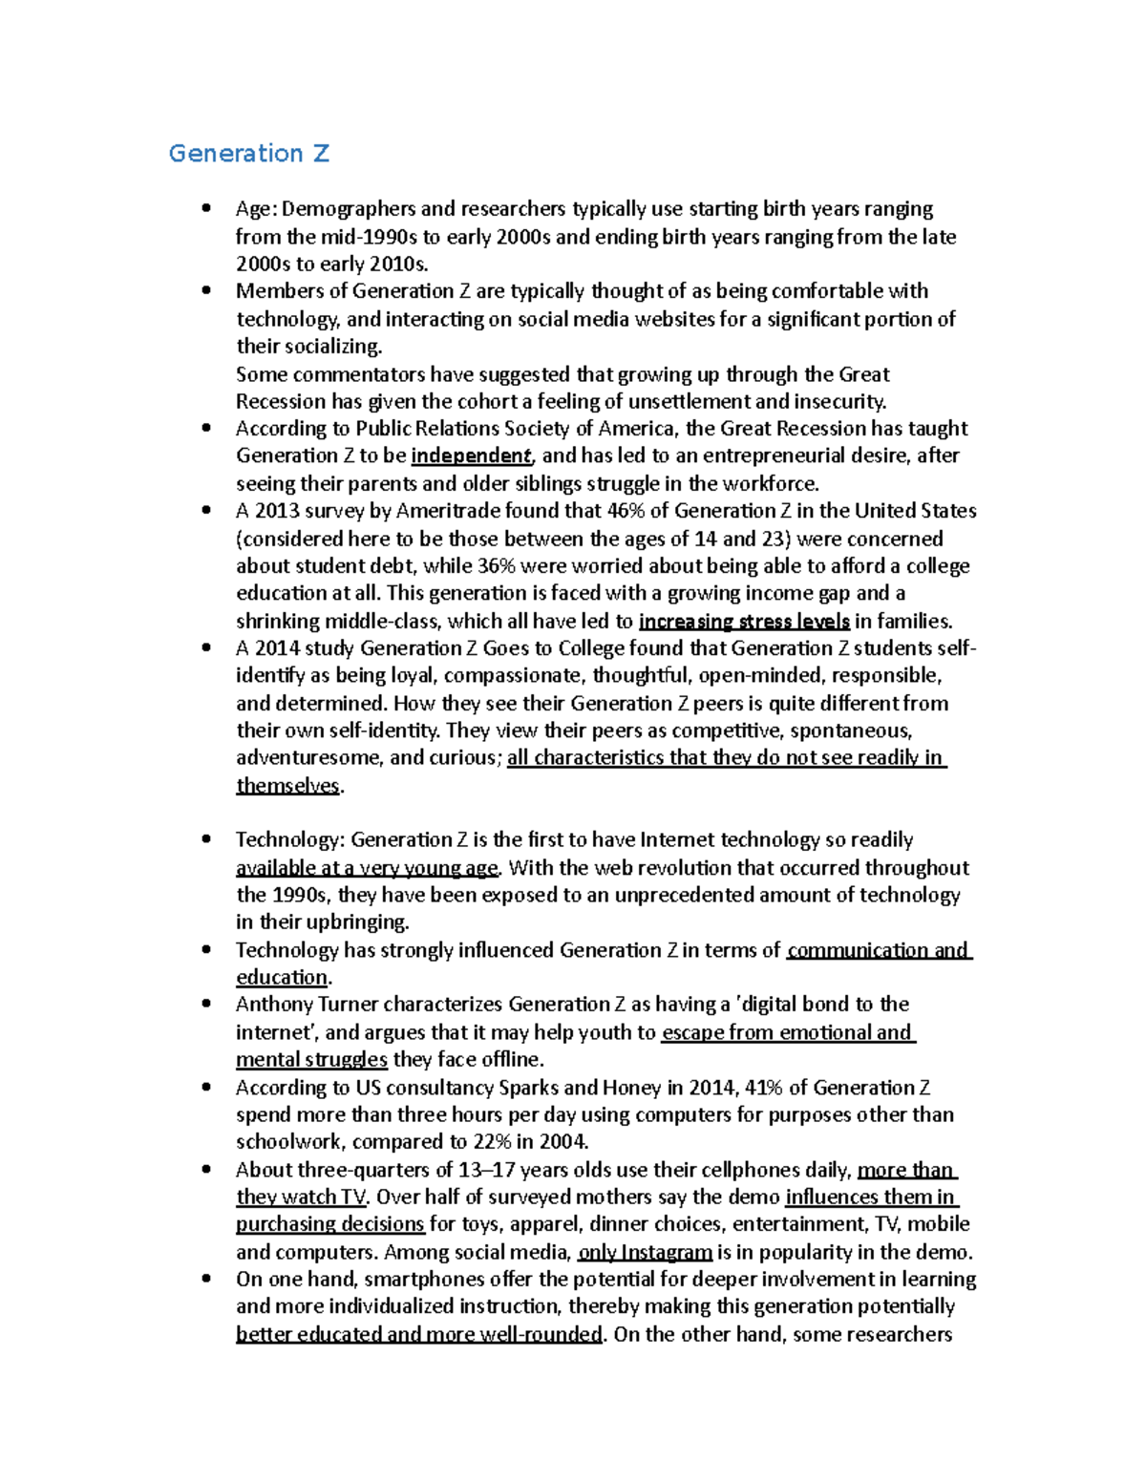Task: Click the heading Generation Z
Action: [x=248, y=154]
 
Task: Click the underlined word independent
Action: [x=471, y=455]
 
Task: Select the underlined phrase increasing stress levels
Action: [x=744, y=622]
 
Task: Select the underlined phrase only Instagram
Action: [x=645, y=1252]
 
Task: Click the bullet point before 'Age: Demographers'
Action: [x=206, y=208]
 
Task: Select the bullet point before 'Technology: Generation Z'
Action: [x=206, y=839]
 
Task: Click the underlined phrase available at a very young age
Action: [x=368, y=868]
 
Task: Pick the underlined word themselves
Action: [x=287, y=786]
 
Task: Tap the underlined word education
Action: [x=282, y=978]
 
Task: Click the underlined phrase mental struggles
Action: [x=311, y=1060]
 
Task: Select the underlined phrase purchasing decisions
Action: [x=329, y=1224]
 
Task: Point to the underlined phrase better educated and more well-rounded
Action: [x=419, y=1335]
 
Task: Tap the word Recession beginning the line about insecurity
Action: [x=281, y=401]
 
